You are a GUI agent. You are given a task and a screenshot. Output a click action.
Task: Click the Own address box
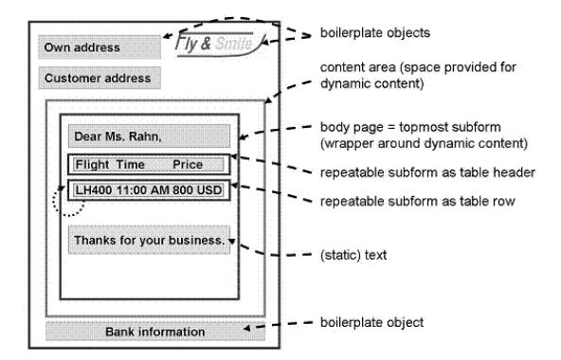click(x=100, y=46)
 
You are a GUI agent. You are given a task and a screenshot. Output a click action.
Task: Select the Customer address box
click(x=100, y=78)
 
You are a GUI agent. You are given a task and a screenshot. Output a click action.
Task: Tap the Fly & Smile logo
click(x=220, y=44)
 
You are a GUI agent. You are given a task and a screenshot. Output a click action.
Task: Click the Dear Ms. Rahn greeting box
click(x=149, y=136)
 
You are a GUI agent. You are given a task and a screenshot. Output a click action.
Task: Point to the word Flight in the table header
click(x=92, y=165)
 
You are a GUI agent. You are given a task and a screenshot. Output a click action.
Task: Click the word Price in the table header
click(x=188, y=165)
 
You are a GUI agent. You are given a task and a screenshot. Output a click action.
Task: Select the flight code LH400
click(x=94, y=190)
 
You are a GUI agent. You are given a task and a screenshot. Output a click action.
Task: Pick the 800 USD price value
click(x=197, y=190)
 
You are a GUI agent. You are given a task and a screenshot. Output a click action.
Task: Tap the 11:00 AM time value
click(x=143, y=190)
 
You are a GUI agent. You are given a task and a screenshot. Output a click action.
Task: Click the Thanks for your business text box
click(x=149, y=240)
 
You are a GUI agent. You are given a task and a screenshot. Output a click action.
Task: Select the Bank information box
click(x=155, y=332)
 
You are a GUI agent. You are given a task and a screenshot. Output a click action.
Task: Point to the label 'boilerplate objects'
click(x=375, y=32)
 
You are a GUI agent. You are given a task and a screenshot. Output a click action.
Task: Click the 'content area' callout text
click(x=418, y=76)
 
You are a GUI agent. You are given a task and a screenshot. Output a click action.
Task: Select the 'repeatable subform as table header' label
click(x=427, y=172)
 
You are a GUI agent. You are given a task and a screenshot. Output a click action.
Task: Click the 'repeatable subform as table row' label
click(x=418, y=201)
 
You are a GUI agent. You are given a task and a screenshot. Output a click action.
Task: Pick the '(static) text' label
click(x=353, y=255)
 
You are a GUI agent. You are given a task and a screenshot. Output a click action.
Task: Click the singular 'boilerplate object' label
click(x=371, y=322)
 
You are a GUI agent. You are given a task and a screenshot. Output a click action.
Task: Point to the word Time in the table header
click(x=131, y=165)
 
